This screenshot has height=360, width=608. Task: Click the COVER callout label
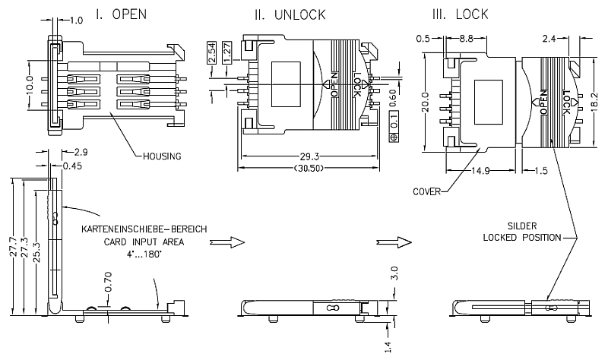point(426,192)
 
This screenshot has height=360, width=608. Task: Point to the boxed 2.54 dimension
point(211,53)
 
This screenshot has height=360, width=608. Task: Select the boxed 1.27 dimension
point(228,53)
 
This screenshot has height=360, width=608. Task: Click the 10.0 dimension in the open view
point(29,84)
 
